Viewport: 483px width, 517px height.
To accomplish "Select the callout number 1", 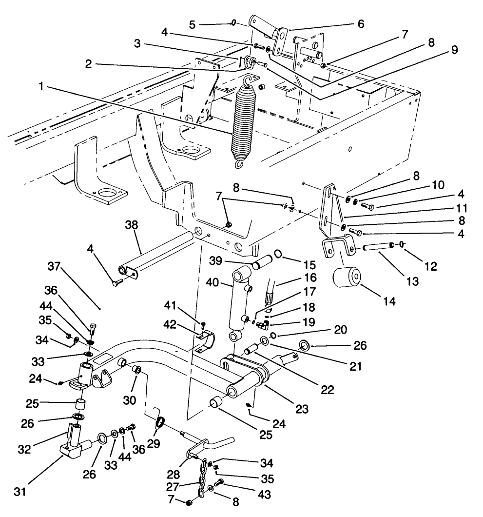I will (43, 86).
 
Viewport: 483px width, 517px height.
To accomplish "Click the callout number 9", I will (453, 49).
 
